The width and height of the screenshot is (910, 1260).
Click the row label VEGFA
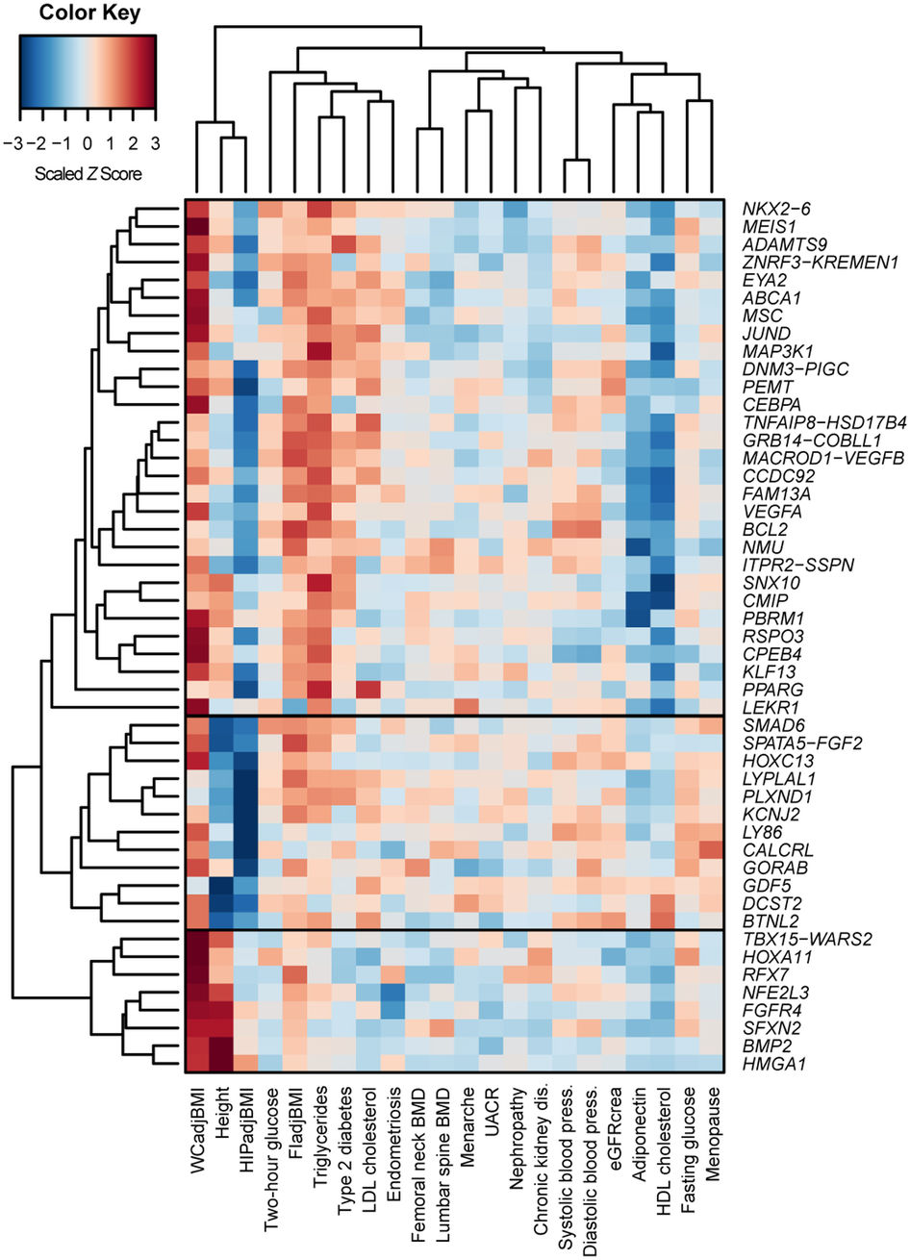(x=767, y=511)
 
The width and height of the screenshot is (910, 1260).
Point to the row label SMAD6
(x=768, y=724)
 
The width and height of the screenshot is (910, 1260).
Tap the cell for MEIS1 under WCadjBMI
(x=198, y=227)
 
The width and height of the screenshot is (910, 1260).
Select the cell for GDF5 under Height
(x=222, y=884)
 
